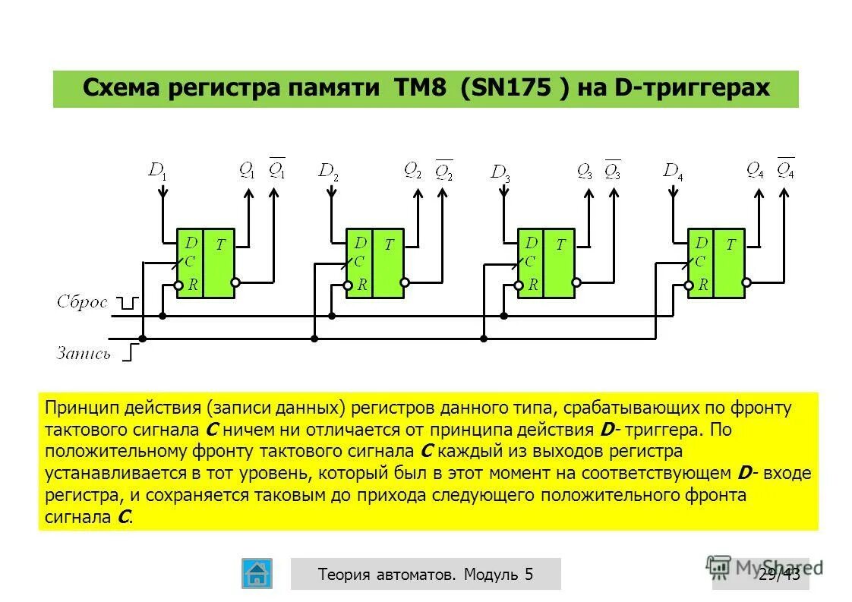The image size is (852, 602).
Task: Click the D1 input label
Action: click(x=158, y=171)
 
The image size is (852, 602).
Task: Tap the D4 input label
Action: click(x=674, y=171)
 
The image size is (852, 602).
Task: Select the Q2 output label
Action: click(x=413, y=170)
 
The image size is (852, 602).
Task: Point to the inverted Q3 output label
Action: click(x=612, y=170)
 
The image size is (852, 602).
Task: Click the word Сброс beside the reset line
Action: click(x=82, y=302)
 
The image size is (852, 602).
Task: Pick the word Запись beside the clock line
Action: click(x=84, y=353)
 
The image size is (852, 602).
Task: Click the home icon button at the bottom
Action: click(x=257, y=573)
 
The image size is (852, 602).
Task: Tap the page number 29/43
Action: click(x=779, y=574)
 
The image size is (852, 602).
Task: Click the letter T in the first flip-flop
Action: click(x=220, y=244)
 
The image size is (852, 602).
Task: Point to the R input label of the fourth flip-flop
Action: click(x=703, y=285)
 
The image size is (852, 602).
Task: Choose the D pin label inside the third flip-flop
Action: click(x=532, y=243)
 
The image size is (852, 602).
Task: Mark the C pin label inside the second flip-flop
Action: click(x=358, y=262)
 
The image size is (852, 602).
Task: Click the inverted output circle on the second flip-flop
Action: click(x=405, y=282)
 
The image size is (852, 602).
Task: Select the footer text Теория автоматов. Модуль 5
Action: click(x=425, y=574)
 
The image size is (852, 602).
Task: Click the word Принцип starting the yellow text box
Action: click(x=75, y=408)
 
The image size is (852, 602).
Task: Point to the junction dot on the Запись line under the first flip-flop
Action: click(x=142, y=339)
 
